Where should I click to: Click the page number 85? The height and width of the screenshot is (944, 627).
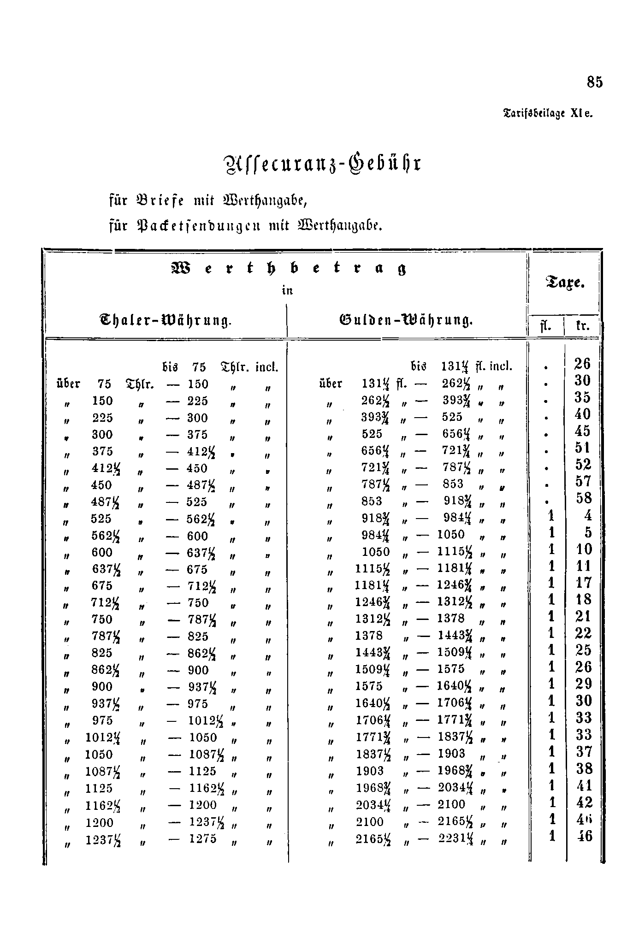tap(595, 82)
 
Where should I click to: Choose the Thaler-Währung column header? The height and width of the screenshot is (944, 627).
tap(165, 319)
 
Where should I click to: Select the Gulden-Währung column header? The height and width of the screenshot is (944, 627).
tap(406, 319)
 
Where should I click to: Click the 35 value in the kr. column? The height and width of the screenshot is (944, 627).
tap(583, 397)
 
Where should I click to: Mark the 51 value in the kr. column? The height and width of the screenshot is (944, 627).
tap(583, 448)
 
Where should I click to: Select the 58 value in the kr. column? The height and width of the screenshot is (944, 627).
tap(583, 499)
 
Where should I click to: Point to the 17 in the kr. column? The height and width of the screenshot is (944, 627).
tap(583, 583)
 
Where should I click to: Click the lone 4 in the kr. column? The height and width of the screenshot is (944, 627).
tap(587, 515)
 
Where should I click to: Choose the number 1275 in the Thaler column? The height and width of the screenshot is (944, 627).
tap(202, 838)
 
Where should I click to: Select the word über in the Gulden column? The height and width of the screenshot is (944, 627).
tap(331, 383)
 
